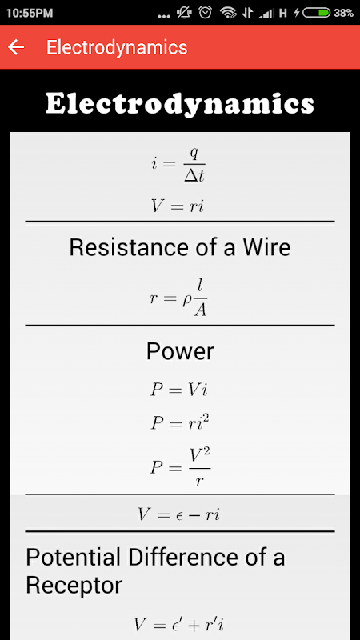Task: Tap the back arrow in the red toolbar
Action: point(16,47)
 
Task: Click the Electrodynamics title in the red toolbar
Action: point(117,48)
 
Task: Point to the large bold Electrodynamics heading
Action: point(179,104)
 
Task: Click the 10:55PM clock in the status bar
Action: point(30,13)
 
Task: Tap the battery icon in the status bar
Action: point(316,13)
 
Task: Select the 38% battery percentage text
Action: point(343,13)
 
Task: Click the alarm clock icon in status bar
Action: point(206,13)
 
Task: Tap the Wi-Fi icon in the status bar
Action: point(229,13)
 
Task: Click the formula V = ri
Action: point(177,206)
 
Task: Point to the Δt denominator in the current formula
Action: point(194,176)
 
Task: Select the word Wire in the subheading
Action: point(266,247)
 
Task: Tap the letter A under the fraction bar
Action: point(200,311)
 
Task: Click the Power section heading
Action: point(180,351)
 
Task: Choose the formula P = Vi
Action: point(179,390)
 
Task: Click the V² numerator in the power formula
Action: point(200,456)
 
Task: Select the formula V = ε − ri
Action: point(178,514)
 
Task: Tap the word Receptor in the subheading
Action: point(74,586)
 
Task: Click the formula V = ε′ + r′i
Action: point(178,624)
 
